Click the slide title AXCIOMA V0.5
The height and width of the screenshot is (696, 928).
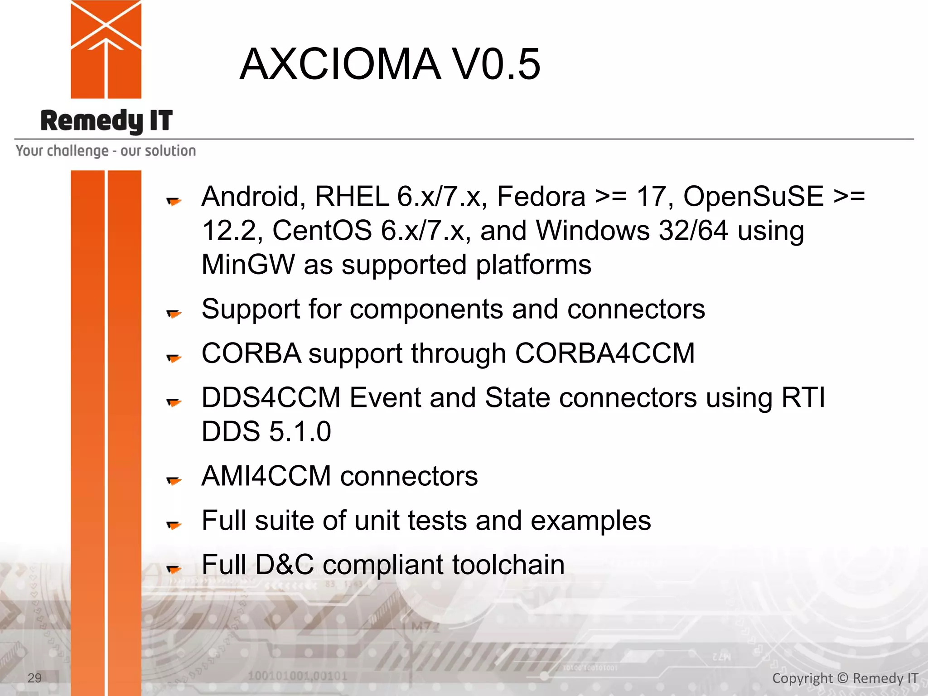pyautogui.click(x=390, y=64)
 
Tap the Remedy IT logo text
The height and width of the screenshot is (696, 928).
pyautogui.click(x=106, y=121)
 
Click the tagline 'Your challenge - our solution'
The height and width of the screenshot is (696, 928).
pyautogui.click(x=106, y=151)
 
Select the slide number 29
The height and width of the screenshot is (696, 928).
pyautogui.click(x=34, y=678)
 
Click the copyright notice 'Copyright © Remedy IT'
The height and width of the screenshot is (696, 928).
pyautogui.click(x=845, y=678)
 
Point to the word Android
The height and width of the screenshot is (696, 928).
pyautogui.click(x=250, y=197)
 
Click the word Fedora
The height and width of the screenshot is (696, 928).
pyautogui.click(x=541, y=197)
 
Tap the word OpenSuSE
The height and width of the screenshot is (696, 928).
pyautogui.click(x=753, y=197)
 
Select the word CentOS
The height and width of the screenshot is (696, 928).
pyautogui.click(x=322, y=231)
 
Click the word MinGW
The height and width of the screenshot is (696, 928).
pyautogui.click(x=248, y=265)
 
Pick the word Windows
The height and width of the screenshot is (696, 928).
pyautogui.click(x=593, y=231)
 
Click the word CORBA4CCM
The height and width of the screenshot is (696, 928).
pyautogui.click(x=604, y=353)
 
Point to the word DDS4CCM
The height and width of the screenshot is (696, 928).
pyautogui.click(x=271, y=398)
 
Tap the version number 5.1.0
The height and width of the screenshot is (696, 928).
pyautogui.click(x=300, y=431)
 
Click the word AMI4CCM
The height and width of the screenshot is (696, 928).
pyautogui.click(x=266, y=476)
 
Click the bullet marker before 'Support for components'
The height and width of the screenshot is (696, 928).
pyautogui.click(x=174, y=313)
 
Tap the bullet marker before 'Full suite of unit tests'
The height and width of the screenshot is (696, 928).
pyautogui.click(x=174, y=525)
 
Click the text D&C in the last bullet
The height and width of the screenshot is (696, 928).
pyautogui.click(x=284, y=565)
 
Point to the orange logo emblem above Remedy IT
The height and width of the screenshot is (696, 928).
pyautogui.click(x=106, y=49)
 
